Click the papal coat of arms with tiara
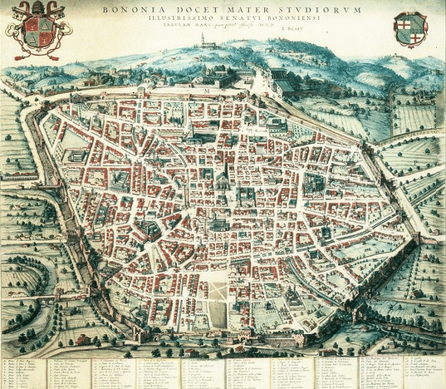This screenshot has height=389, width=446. click(37, 30)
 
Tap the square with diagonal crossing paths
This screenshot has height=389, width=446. click(218, 289)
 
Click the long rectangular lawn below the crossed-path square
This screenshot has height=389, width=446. click(217, 315)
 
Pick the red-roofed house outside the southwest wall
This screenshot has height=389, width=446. click(82, 340)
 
